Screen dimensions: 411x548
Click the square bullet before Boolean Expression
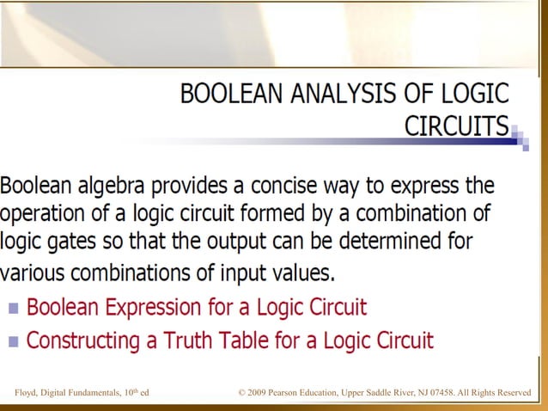tap(14, 308)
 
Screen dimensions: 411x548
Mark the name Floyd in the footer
tap(27, 394)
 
